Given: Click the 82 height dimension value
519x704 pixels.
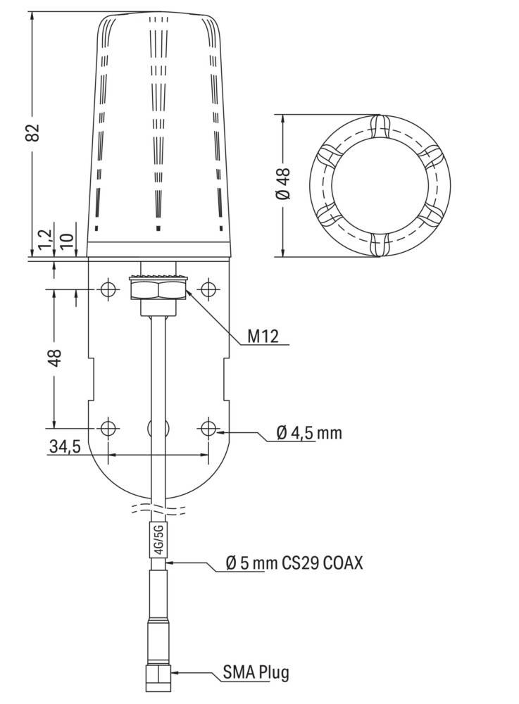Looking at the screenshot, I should pos(32,133).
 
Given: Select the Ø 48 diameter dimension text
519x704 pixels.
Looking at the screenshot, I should pos(284,185).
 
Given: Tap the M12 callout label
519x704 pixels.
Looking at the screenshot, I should pos(262,337).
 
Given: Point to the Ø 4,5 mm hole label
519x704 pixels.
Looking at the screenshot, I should pos(308,433).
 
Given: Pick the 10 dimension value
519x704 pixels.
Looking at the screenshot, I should pos(68,241).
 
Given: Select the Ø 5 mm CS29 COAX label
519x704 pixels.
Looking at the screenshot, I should pos(294,563).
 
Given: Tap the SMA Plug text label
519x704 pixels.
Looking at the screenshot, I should pos(256,672).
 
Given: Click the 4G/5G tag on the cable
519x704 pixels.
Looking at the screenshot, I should pos(158,539).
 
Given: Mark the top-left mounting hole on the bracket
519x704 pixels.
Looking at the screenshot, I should pos(108,289).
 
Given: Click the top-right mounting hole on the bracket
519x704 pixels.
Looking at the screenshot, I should pos(208,289).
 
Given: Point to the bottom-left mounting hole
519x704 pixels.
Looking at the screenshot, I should pos(108,427).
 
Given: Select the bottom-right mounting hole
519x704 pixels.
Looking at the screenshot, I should pos(208,427).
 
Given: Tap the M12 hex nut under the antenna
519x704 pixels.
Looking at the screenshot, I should pos(158,289).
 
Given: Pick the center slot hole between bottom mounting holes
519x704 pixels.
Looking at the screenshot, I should pos(158,427).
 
